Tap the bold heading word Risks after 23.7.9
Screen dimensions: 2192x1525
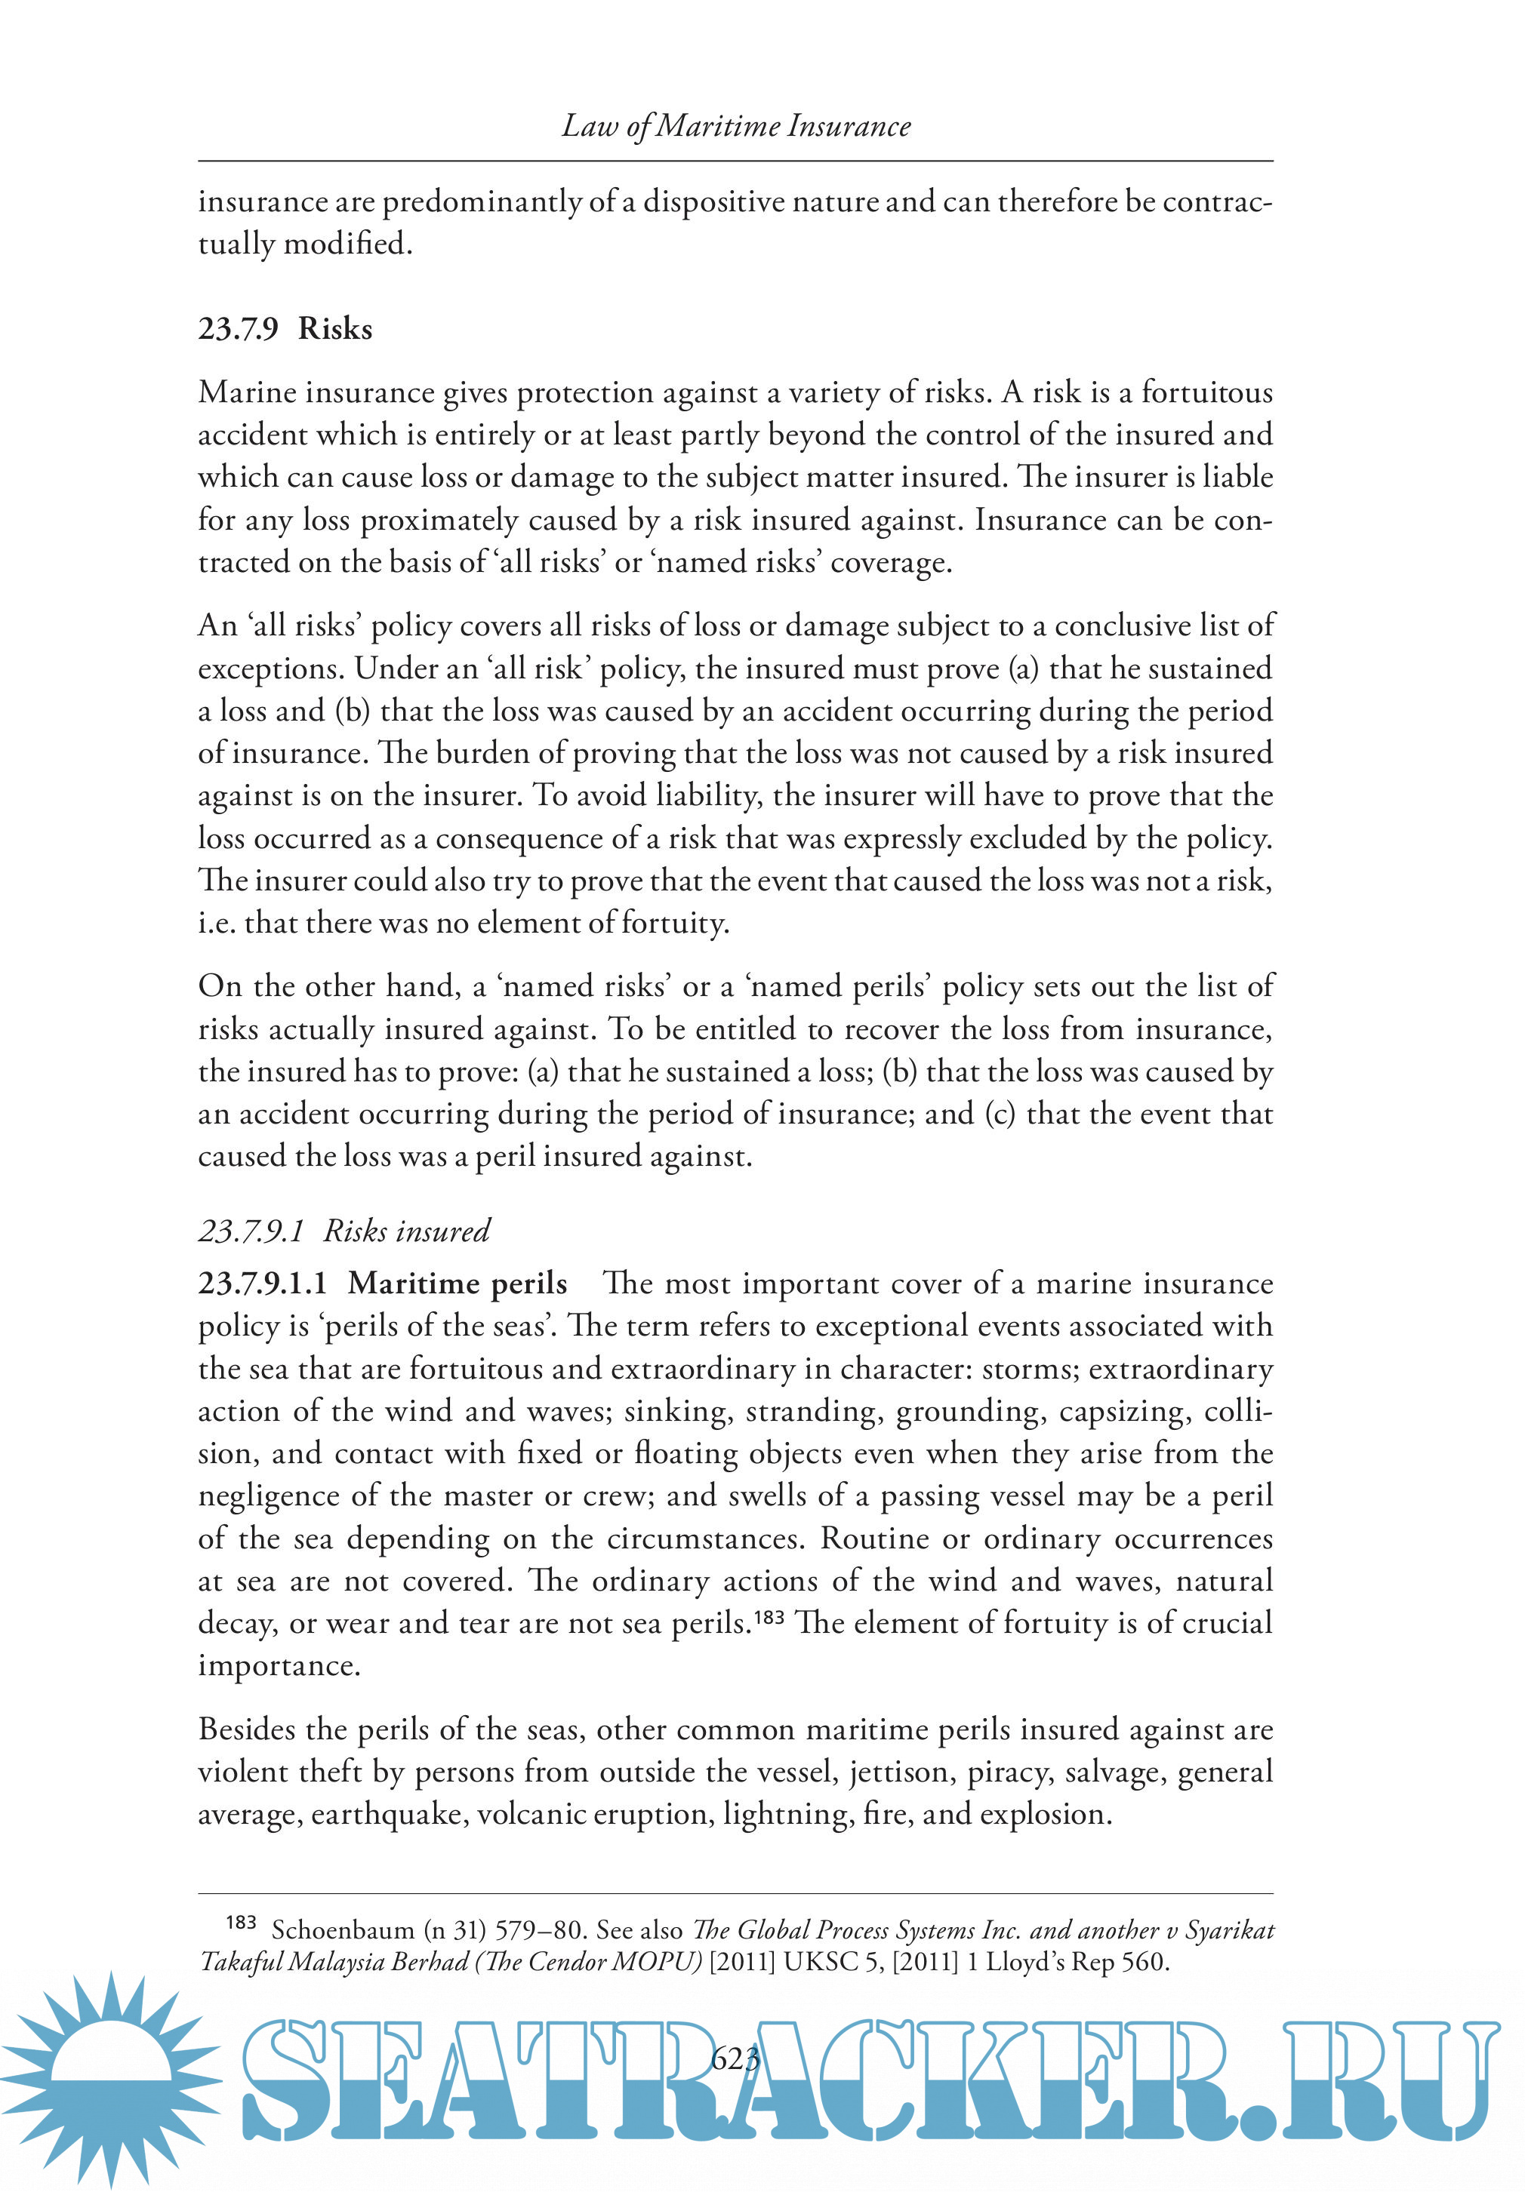(x=334, y=328)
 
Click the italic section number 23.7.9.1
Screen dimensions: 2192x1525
(x=250, y=1231)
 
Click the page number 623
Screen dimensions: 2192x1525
(x=735, y=2058)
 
